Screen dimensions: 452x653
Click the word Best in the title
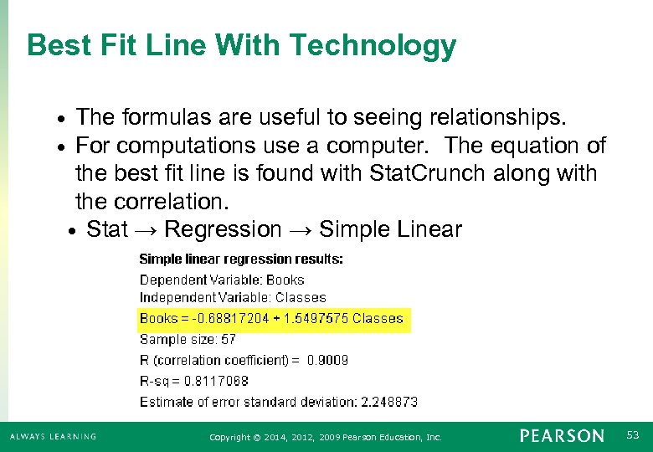pos(54,45)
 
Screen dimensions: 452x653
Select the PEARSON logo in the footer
pos(561,436)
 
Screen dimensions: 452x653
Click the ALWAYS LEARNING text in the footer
pos(53,437)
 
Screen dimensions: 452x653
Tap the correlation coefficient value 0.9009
pos(327,360)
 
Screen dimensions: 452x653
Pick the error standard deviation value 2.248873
pos(389,402)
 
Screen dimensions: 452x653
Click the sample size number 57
pos(229,339)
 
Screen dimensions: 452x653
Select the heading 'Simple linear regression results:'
pos(241,259)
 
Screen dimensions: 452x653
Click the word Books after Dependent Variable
pos(285,280)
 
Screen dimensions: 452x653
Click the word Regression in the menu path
pos(224,229)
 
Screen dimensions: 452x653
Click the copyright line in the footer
pos(325,437)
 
